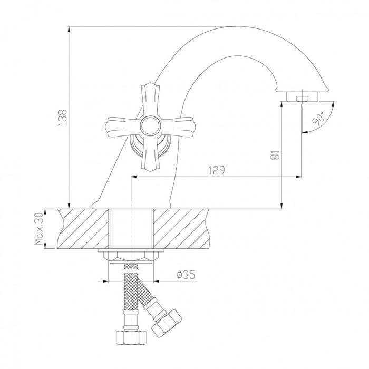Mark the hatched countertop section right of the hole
point(182,229)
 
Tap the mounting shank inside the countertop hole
point(130,229)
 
